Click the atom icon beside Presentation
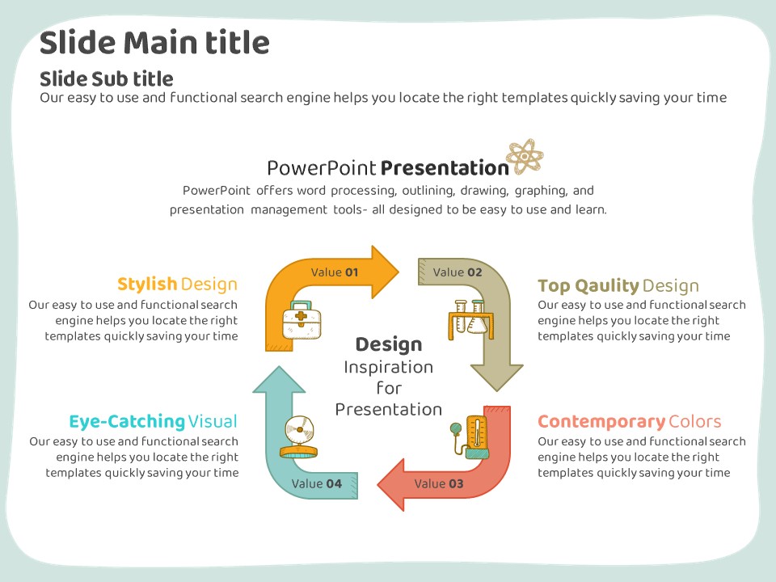pos(525,156)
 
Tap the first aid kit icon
pos(302,320)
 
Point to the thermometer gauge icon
pos(470,437)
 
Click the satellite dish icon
pos(299,436)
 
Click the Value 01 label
pos(335,272)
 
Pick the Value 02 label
pos(458,272)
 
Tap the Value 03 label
pos(439,483)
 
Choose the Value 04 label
pos(317,483)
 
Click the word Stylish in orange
pos(147,285)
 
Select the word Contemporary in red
pos(601,422)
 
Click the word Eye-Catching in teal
pos(127,422)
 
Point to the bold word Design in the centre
pos(389,345)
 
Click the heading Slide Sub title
pos(107,78)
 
